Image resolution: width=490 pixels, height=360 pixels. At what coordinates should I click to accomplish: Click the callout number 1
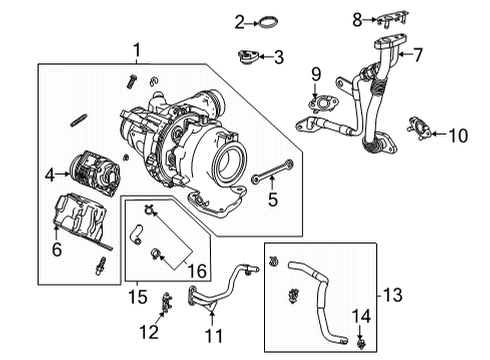tap(138, 48)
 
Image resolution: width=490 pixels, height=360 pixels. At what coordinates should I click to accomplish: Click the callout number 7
tap(419, 55)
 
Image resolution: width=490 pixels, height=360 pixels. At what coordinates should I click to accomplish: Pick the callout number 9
tap(315, 73)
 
